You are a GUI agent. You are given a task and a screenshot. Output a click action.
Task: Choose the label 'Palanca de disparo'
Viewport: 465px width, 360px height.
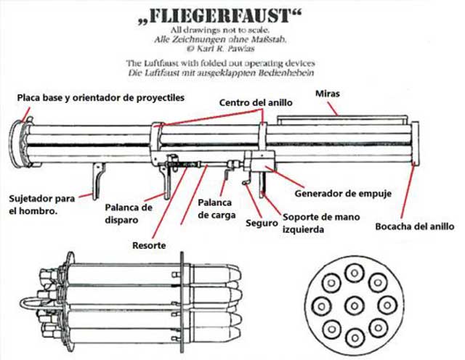point(129,213)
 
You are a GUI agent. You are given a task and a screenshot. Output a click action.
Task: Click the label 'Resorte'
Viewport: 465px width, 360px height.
point(149,246)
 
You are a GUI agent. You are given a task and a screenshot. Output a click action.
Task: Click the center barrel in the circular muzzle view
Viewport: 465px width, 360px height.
point(354,303)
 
